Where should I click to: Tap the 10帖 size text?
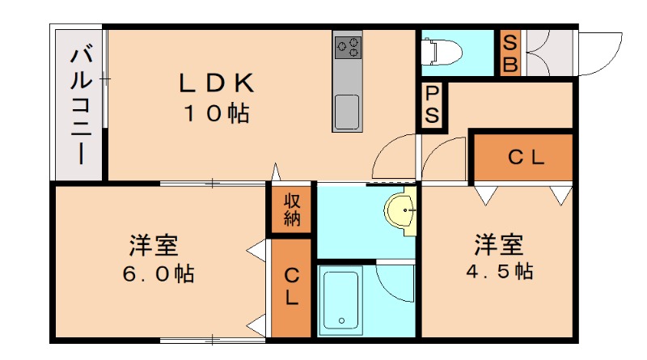216,114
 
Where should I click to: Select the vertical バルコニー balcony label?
79,105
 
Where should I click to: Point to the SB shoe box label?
510,53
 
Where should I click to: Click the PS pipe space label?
433,106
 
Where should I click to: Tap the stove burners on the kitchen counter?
349,45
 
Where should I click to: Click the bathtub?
340,299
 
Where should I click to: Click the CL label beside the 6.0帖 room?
291,287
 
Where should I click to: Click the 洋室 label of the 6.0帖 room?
153,243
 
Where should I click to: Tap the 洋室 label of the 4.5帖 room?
498,242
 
